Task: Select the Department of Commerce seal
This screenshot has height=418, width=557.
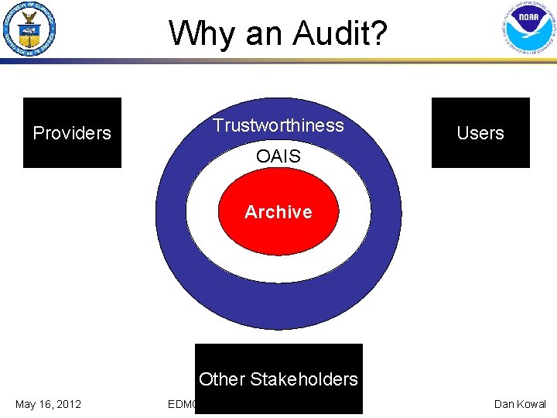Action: (x=30, y=31)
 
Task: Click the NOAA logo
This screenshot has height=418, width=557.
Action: (x=528, y=31)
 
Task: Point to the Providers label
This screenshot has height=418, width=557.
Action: (x=72, y=133)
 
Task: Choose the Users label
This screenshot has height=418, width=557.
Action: (x=480, y=133)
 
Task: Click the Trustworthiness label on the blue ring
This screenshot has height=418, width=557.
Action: (x=278, y=125)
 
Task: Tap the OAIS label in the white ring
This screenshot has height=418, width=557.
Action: (x=278, y=156)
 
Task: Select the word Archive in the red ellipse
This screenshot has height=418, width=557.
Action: (x=278, y=212)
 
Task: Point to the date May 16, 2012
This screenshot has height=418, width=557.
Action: (x=48, y=404)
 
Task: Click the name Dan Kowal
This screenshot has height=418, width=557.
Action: (x=520, y=404)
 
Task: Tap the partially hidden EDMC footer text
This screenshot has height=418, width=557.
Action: (x=182, y=404)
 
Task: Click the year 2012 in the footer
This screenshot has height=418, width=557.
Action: (x=68, y=404)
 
